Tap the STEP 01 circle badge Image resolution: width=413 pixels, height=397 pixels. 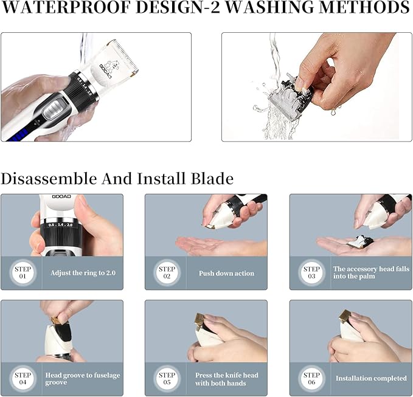point(23,273)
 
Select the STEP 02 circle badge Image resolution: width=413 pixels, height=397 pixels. point(167,273)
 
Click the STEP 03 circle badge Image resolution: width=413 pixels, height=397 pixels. point(311,273)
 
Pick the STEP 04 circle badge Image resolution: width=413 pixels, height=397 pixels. point(23,379)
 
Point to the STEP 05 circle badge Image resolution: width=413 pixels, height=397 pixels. point(167,379)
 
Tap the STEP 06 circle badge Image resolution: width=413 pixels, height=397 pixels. point(311,379)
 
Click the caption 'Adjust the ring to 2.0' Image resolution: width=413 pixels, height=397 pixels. point(82,273)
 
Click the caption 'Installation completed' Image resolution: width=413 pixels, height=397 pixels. point(371,379)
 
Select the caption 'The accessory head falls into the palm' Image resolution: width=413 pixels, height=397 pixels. point(371,273)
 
